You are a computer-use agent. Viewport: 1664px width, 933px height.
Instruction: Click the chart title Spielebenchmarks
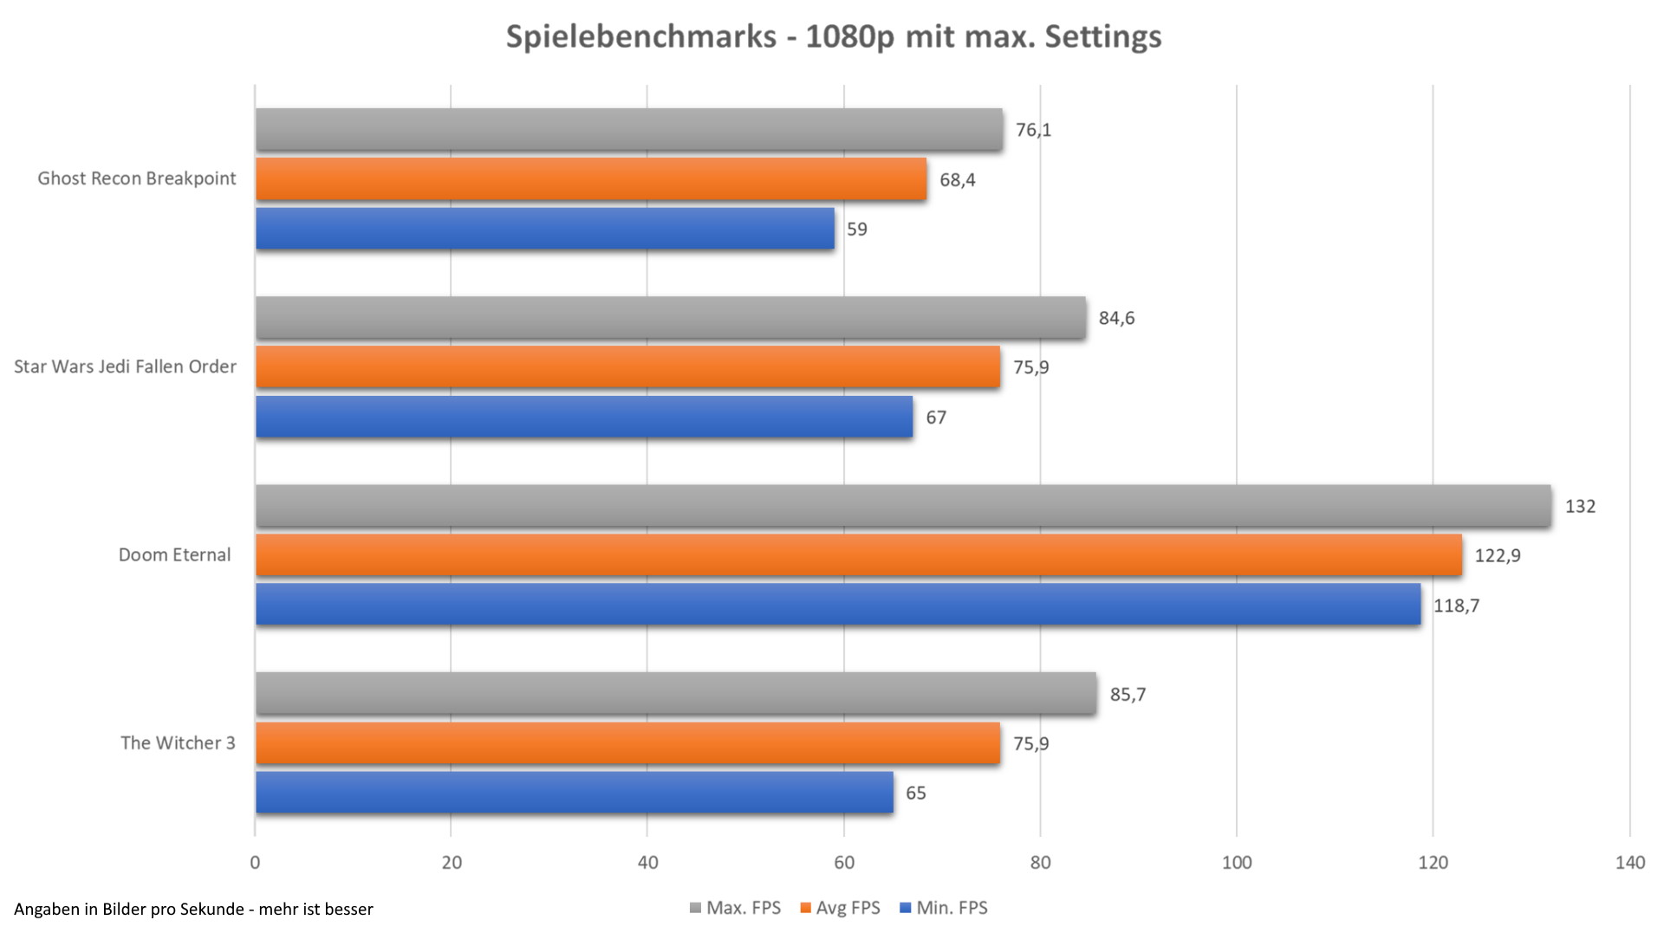click(833, 36)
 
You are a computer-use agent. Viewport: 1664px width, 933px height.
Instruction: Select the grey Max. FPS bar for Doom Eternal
click(903, 505)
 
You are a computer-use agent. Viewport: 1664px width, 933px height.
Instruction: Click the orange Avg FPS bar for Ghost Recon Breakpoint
click(591, 179)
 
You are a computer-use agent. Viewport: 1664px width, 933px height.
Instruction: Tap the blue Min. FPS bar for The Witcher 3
click(574, 793)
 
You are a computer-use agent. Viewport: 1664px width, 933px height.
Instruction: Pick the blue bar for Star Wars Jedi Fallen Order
click(584, 417)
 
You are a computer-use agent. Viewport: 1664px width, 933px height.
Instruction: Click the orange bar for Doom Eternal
click(858, 554)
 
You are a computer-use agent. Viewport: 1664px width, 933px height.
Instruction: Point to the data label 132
click(1579, 506)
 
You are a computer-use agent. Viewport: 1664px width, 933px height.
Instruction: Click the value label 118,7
click(1456, 606)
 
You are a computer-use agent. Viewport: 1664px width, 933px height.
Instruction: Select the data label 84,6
click(1116, 318)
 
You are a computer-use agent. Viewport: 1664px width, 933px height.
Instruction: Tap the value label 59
click(856, 230)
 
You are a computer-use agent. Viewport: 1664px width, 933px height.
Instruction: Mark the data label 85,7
click(1128, 694)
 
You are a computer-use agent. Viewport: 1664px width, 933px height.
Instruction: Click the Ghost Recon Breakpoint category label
click(137, 178)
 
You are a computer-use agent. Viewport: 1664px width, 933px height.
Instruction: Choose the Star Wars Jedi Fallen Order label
click(125, 366)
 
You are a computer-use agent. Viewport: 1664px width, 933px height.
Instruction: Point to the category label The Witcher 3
click(178, 742)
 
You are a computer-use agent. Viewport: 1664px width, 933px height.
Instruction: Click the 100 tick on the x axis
click(1237, 862)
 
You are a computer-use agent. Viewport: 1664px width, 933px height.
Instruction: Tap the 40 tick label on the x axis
click(647, 862)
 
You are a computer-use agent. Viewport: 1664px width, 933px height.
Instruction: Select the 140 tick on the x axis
click(1629, 862)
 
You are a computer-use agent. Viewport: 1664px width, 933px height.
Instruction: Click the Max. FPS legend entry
click(735, 908)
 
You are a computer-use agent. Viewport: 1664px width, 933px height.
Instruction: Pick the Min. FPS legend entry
click(944, 908)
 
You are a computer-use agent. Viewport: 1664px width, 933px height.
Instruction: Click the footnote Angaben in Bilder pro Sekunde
click(193, 909)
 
